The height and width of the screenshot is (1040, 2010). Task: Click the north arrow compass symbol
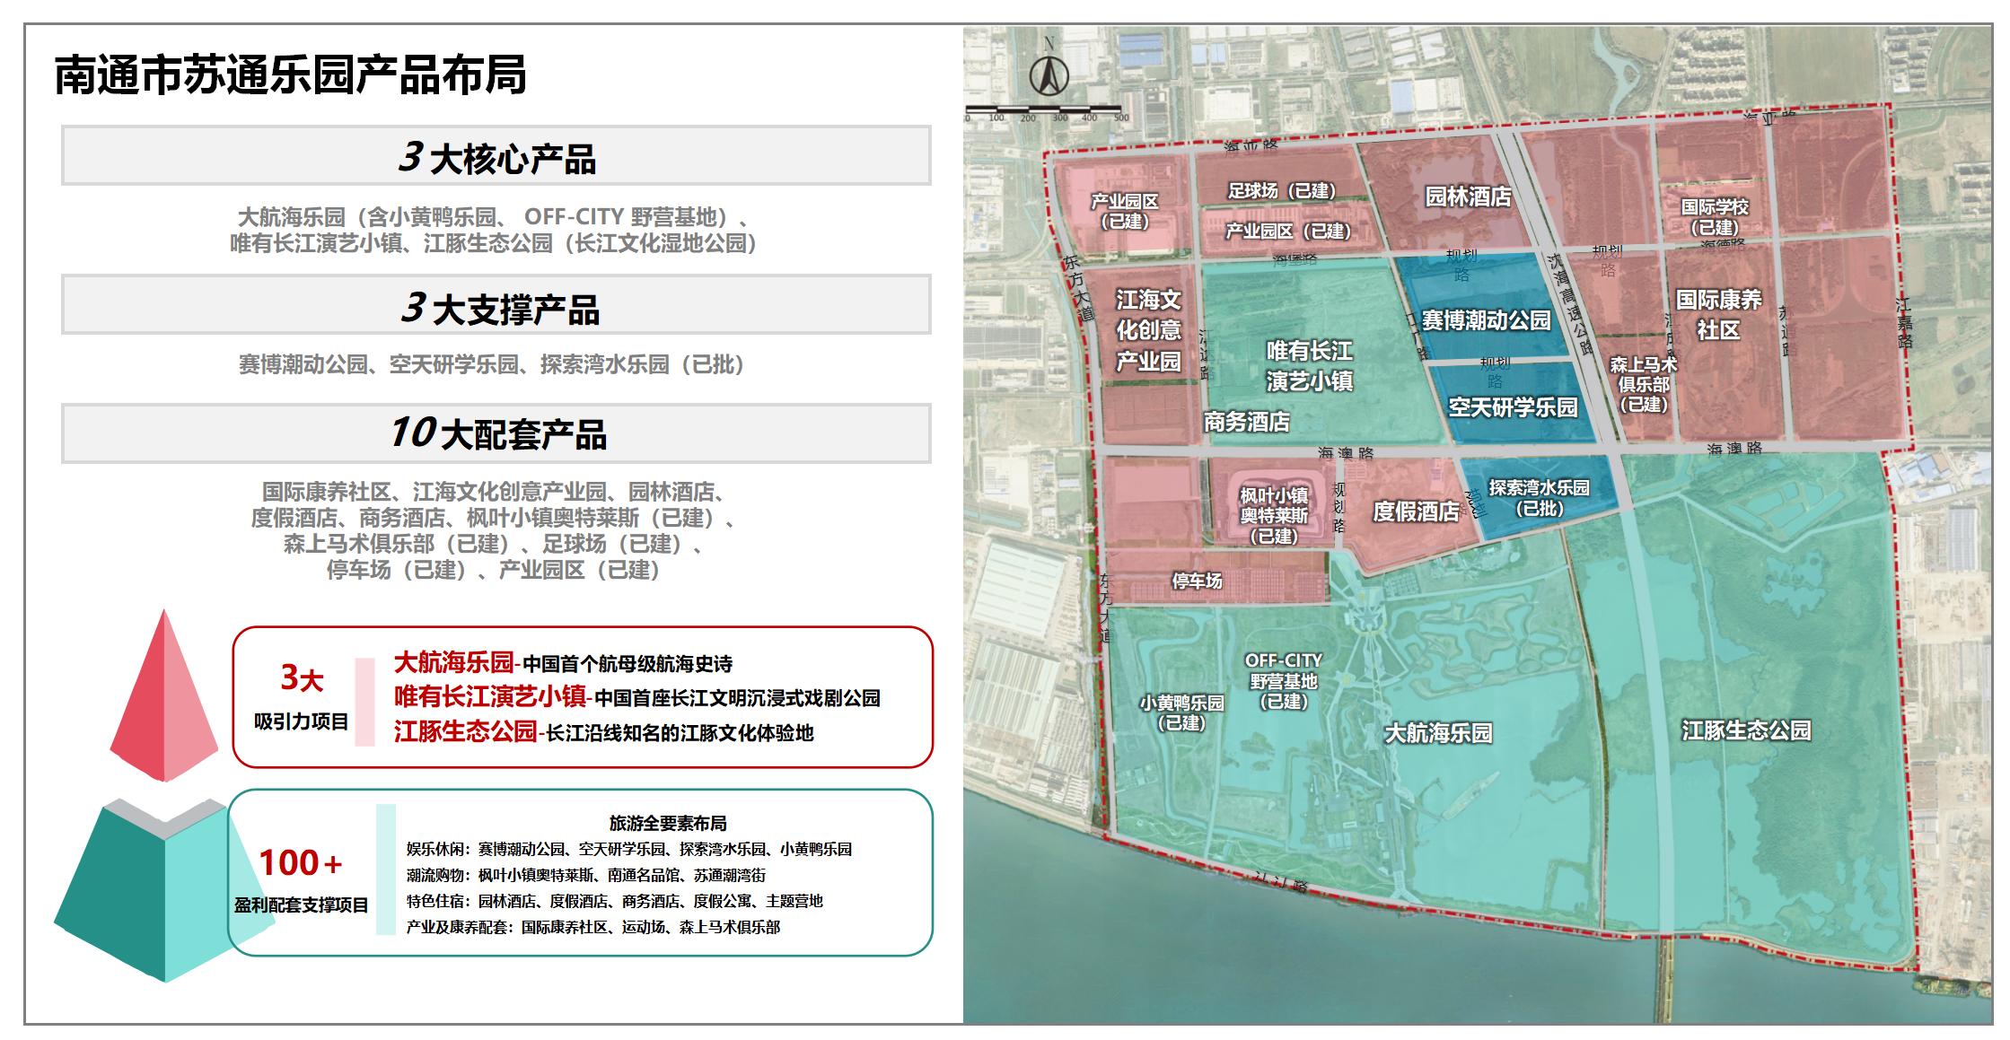1048,72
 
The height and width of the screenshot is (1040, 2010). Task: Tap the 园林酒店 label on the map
1468,197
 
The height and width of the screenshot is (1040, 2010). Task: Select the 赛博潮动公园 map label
1486,320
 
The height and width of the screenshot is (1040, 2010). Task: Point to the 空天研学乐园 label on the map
1513,407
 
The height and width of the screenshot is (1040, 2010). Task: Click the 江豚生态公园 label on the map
1745,730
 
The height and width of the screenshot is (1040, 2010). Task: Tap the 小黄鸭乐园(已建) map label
1181,712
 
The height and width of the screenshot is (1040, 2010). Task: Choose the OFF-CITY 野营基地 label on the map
1283,680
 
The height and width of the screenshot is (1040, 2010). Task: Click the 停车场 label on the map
1197,581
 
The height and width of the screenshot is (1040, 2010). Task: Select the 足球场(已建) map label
1281,190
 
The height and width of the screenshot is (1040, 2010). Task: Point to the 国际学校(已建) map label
1714,216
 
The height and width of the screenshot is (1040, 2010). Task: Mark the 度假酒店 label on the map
1416,511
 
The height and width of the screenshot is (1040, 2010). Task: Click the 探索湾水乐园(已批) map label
1539,497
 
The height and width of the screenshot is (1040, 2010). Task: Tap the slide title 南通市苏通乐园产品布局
290,74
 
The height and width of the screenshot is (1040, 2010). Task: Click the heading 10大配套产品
496,433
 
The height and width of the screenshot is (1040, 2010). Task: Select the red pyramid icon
164,695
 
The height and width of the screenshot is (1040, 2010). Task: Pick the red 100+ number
300,863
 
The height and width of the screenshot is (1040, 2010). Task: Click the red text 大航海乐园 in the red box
453,663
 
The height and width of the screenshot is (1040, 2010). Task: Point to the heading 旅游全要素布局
667,823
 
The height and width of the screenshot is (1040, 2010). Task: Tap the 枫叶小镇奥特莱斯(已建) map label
1274,515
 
